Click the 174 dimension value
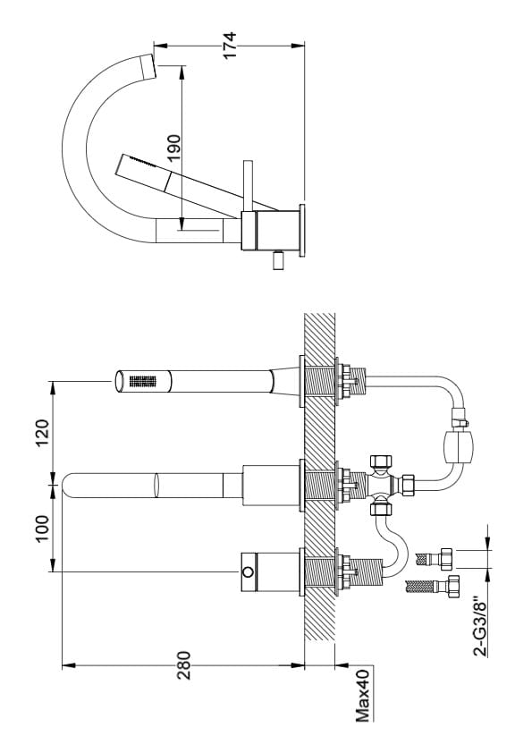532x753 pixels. [x=230, y=45]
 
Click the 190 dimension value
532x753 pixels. [x=174, y=148]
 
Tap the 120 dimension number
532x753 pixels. [x=42, y=433]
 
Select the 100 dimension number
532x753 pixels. [x=42, y=529]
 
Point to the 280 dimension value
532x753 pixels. [x=183, y=665]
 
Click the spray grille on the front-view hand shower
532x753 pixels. [x=142, y=381]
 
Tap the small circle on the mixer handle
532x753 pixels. [x=248, y=572]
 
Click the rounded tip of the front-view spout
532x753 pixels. [x=67, y=486]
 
